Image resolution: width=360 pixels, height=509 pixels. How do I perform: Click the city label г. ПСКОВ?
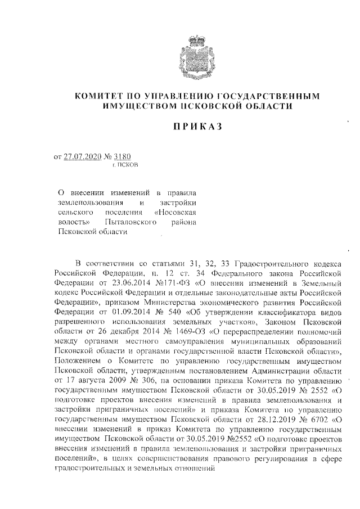click(125, 166)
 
